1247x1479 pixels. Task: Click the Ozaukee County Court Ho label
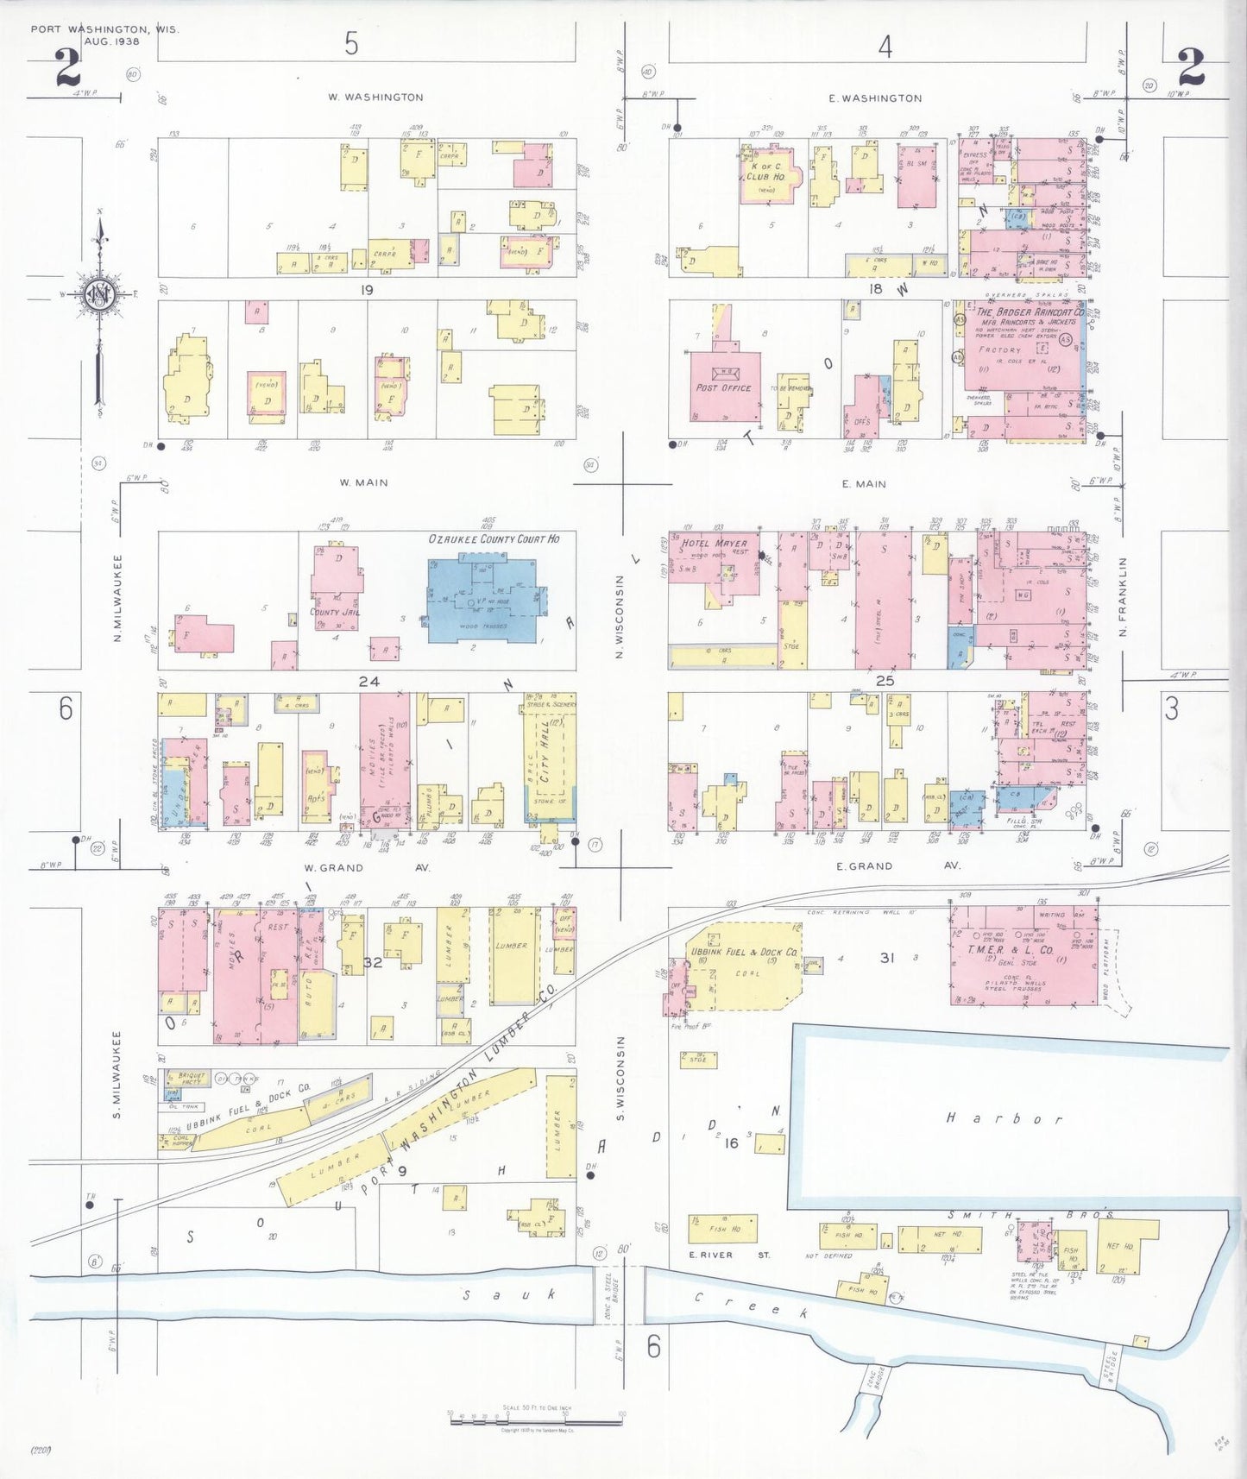pos(494,539)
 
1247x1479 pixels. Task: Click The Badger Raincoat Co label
pos(1030,312)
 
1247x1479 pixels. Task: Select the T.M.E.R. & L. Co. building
pos(1023,953)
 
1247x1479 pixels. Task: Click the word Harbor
pos(1006,1119)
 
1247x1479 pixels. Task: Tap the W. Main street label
pos(364,483)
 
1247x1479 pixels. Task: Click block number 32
pos(373,962)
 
